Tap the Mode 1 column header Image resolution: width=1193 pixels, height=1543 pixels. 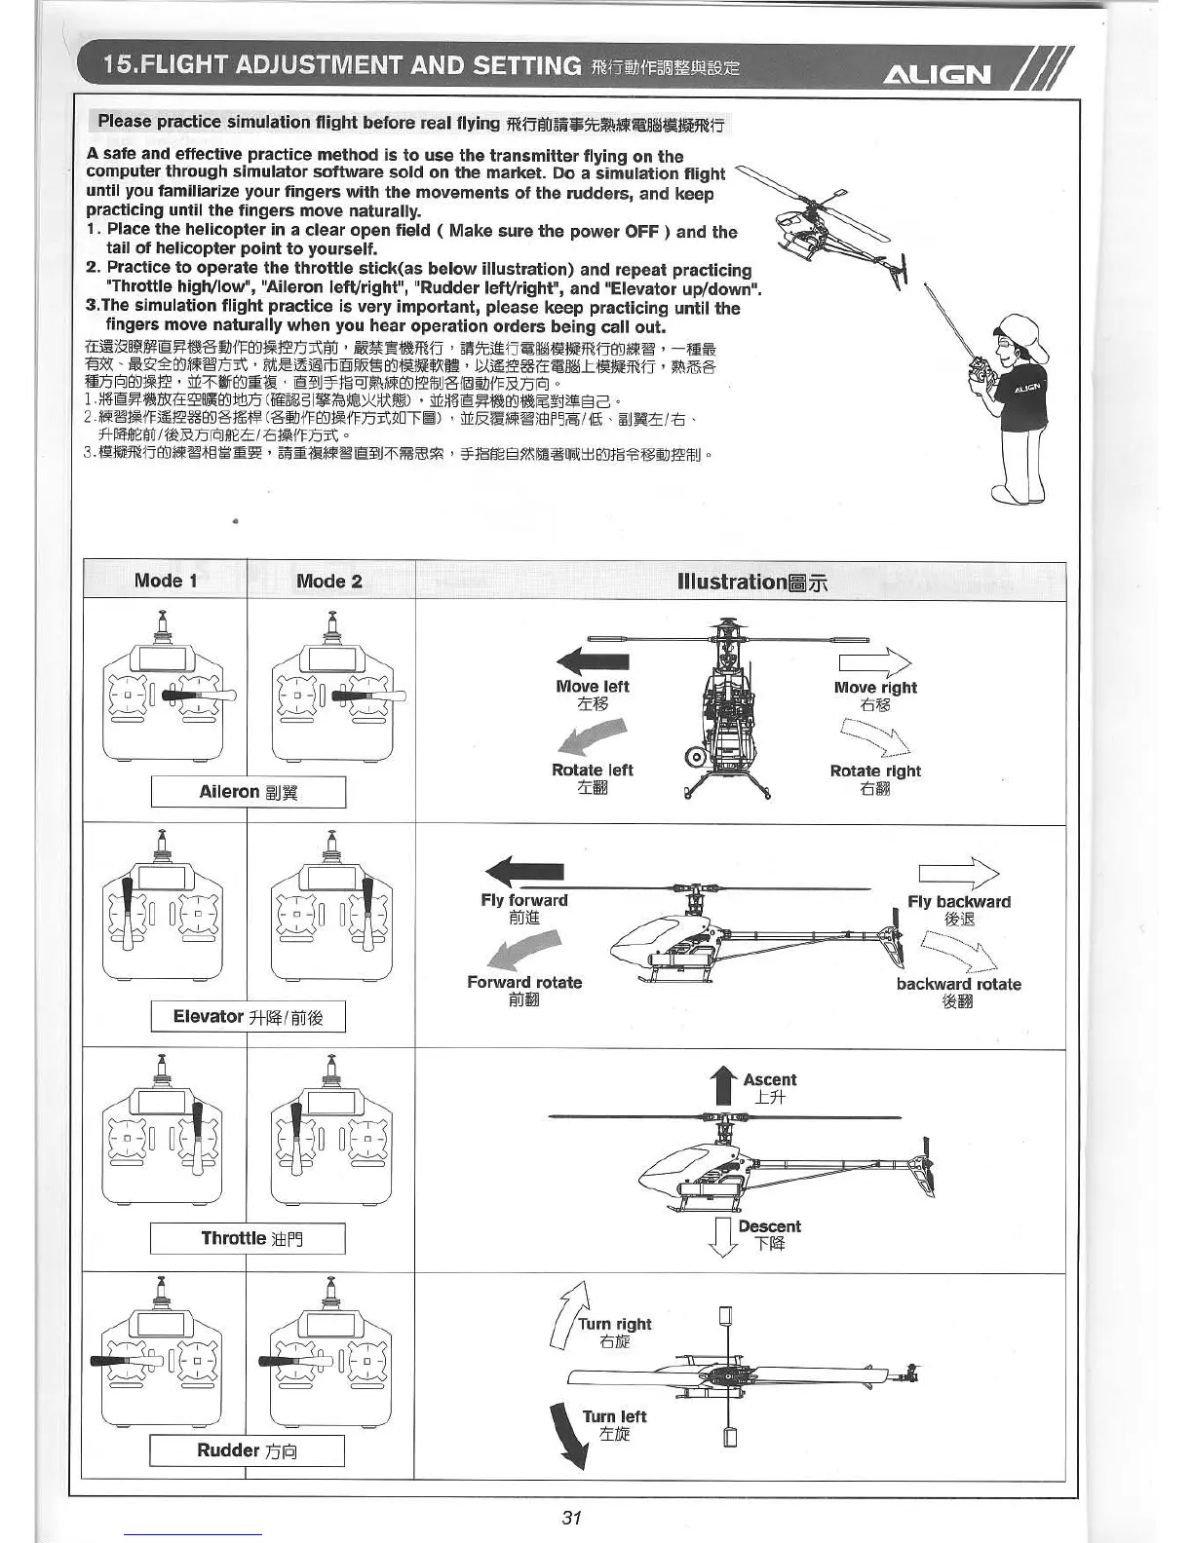tap(166, 581)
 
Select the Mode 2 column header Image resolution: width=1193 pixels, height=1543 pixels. tap(329, 582)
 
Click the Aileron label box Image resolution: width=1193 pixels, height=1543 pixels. tap(249, 792)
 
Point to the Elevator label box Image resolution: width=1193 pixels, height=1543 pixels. tap(249, 1017)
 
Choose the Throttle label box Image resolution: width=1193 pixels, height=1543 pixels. tap(249, 1239)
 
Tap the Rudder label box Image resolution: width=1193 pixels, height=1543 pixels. tap(248, 1450)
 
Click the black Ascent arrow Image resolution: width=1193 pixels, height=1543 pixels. tap(723, 1085)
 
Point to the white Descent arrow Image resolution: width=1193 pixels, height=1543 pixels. tap(722, 1237)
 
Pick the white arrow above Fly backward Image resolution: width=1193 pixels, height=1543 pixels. tap(958, 872)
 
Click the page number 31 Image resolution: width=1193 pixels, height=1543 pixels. tap(572, 1517)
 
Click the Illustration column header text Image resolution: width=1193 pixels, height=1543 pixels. tap(752, 582)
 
